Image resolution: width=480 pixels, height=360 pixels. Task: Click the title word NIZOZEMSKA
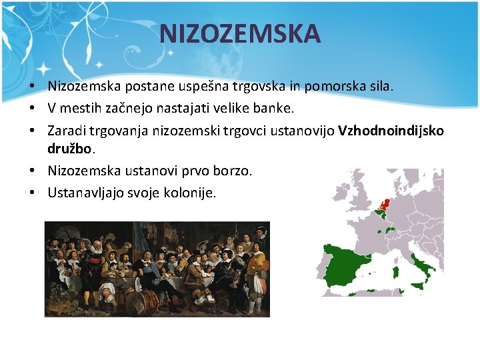[240, 33]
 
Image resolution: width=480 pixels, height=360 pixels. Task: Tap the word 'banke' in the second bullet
[273, 107]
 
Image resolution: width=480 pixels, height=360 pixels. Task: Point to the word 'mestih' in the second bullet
[82, 107]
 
